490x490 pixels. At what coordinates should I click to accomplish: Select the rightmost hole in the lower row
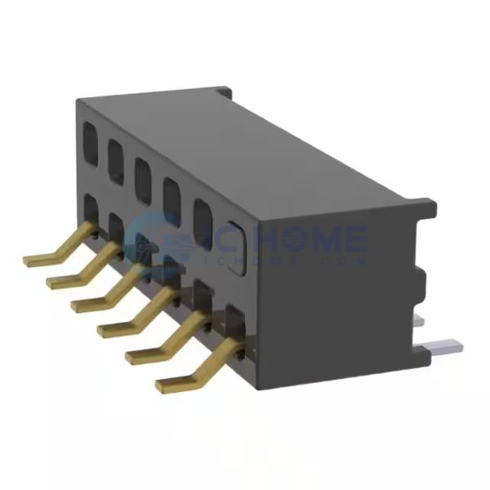pyautogui.click(x=234, y=320)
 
